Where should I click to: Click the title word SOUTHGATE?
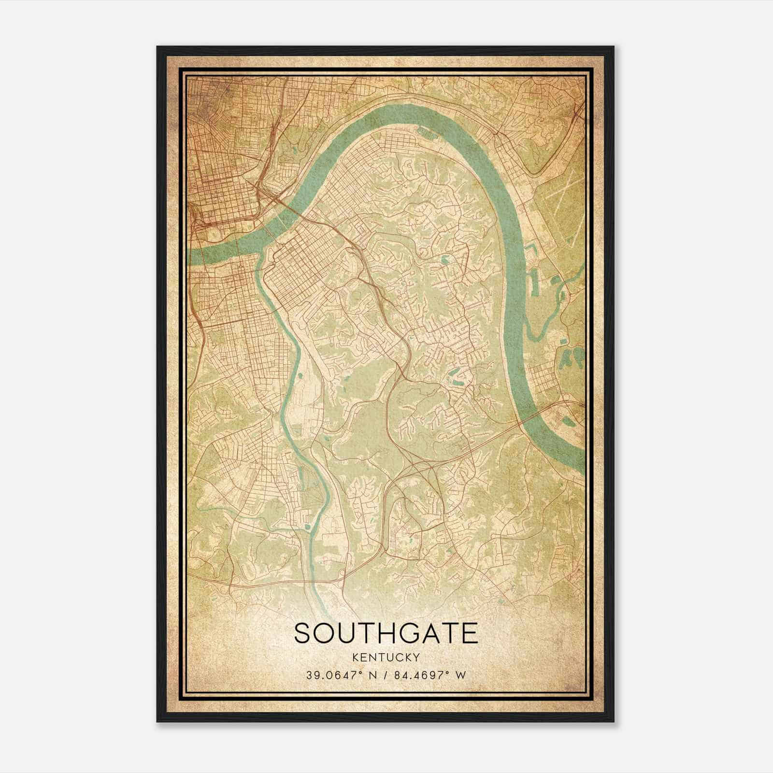tap(386, 633)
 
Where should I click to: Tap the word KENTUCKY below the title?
tap(386, 657)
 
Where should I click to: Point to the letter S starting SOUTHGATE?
tap(303, 633)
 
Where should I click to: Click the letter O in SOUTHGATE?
tap(326, 633)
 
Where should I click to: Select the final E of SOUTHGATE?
tap(469, 633)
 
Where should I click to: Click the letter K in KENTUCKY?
tap(356, 657)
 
